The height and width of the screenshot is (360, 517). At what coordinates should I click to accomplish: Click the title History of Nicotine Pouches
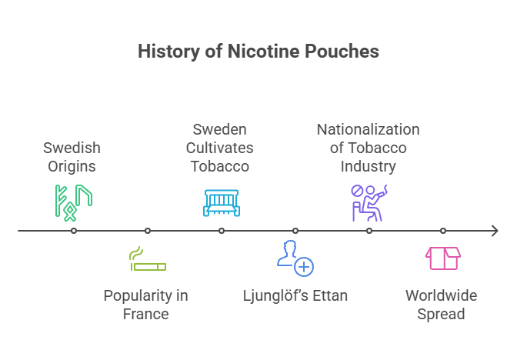coord(258,52)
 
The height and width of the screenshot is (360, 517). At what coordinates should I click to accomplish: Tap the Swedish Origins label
coord(72,156)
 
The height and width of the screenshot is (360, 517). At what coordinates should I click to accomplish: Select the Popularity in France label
coord(145,305)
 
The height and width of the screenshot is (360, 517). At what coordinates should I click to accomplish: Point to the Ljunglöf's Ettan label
coord(295,295)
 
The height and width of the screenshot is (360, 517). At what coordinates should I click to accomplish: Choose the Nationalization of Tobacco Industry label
coord(369,147)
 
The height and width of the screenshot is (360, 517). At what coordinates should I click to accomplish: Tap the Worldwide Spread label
coord(442,305)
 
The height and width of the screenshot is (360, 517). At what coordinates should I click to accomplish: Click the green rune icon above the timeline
coord(73,202)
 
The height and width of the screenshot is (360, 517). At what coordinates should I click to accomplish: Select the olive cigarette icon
coord(147,260)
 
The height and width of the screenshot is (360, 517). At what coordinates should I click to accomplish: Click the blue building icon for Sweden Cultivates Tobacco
coord(222,202)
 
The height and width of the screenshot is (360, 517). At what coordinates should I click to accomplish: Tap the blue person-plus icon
coord(295,258)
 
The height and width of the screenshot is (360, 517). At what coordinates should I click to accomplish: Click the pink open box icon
coord(443,258)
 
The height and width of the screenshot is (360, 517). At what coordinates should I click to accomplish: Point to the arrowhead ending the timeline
coord(495,231)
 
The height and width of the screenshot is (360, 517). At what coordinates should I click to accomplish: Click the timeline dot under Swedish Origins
coord(74,231)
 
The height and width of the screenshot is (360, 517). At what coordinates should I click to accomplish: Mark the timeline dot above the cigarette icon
coord(148,231)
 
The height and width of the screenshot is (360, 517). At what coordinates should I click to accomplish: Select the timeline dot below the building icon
coord(222,231)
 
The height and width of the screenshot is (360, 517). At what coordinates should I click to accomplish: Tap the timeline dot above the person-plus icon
coord(295,231)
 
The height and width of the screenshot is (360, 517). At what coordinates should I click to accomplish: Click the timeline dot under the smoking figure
coord(369,231)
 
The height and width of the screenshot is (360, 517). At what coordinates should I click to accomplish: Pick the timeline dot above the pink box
coord(443,231)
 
